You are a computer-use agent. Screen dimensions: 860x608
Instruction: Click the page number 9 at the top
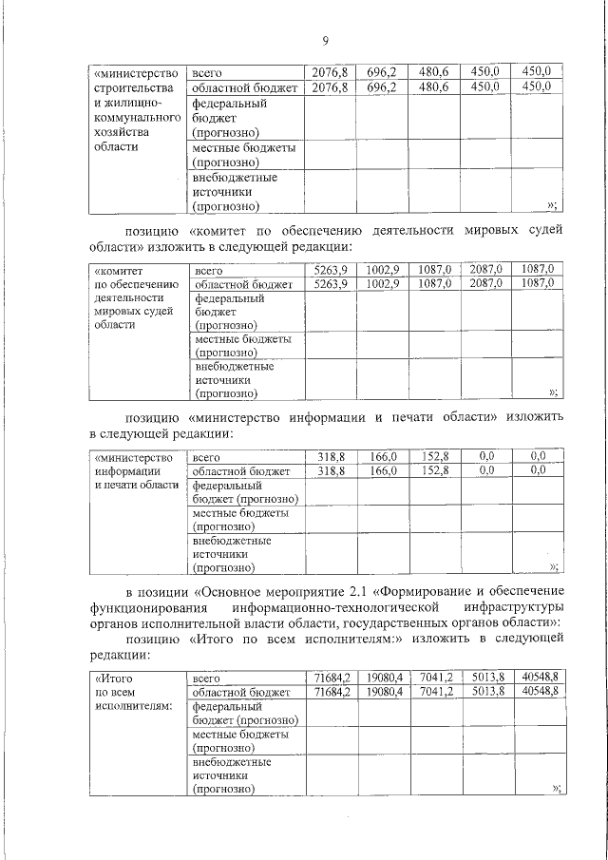pos(325,41)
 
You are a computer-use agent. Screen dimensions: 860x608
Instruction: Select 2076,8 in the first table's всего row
pos(331,71)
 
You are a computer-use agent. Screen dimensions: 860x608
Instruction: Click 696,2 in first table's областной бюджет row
pos(382,87)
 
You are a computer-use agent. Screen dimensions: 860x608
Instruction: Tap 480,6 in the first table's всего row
pos(433,71)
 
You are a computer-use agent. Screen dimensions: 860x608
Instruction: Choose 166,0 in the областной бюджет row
pos(383,470)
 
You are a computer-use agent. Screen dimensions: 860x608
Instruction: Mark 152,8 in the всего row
pos(434,457)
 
